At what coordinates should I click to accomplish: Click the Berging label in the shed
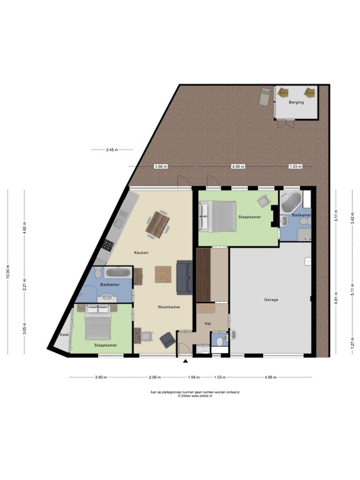point(296,102)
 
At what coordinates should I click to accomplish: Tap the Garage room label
point(271,300)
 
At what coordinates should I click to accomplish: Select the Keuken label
point(141,252)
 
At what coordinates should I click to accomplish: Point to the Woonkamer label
point(169,307)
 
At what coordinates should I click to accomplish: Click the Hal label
point(207,323)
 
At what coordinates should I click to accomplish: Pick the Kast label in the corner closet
point(64,335)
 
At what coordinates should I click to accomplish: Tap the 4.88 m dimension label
point(237,167)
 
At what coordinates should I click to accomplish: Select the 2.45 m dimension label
point(112,150)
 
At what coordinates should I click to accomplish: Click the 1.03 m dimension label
point(219,377)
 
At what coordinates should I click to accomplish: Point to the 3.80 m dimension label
point(100,377)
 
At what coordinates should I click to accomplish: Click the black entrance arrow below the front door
point(185,361)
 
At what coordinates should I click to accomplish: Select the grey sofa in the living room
point(184,277)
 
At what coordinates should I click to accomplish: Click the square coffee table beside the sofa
point(163,274)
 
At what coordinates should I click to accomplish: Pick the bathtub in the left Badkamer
point(117,272)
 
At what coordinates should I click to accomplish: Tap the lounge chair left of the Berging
point(265,96)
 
